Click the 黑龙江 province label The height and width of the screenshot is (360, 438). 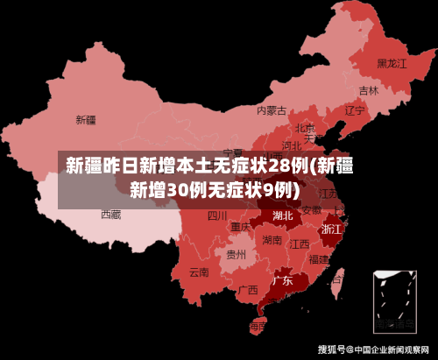392,63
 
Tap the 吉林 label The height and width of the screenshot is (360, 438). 369,90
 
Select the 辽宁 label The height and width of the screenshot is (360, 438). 354,111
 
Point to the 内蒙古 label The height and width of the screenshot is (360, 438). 272,110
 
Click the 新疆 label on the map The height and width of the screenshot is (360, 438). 86,119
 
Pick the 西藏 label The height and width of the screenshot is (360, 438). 110,214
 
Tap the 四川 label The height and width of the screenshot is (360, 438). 217,215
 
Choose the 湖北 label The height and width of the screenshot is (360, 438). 283,215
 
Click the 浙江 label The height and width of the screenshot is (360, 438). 332,228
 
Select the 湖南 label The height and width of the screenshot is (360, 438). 272,239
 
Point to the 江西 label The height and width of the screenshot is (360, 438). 300,244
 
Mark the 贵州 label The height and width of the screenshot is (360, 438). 237,255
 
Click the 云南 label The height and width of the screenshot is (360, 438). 199,272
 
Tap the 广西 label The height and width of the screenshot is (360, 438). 248,289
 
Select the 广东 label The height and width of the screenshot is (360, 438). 282,281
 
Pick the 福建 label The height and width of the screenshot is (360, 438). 319,259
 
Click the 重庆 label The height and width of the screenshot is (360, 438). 241,227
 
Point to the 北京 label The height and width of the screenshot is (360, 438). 304,128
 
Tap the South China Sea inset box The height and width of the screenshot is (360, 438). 395,300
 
